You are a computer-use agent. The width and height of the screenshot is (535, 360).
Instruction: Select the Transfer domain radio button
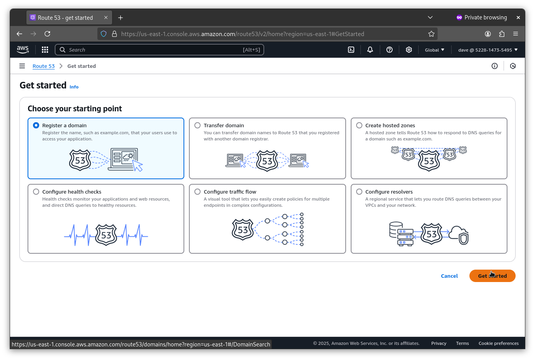tap(197, 125)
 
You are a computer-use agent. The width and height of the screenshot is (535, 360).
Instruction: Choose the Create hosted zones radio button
tap(359, 125)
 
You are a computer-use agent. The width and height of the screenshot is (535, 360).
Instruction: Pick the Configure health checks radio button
tap(36, 192)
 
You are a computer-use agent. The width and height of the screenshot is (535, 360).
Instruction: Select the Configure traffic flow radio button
tap(197, 192)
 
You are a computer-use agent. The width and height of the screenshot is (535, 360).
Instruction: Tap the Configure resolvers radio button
tap(359, 192)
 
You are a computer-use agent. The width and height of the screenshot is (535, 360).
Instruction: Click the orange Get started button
tap(492, 276)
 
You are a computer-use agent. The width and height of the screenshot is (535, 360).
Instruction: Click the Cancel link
tap(449, 276)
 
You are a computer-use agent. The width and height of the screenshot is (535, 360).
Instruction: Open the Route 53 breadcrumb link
tap(43, 66)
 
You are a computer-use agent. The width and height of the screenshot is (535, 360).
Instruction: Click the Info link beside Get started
tap(74, 87)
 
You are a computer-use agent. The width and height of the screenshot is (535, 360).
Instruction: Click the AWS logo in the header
tap(23, 50)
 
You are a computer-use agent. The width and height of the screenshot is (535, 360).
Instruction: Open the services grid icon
tap(45, 50)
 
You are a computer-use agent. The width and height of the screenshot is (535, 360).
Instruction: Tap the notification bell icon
tap(370, 50)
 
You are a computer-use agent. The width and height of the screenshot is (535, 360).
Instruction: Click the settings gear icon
tap(409, 50)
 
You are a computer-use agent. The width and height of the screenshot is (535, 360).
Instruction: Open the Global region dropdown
tap(435, 50)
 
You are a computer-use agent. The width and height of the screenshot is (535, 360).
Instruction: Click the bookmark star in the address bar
tap(431, 34)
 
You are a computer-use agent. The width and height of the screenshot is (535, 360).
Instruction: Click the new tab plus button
tap(120, 18)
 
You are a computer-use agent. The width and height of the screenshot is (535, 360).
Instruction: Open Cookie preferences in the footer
tap(499, 343)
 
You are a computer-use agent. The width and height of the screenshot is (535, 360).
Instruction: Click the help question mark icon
tap(389, 50)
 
